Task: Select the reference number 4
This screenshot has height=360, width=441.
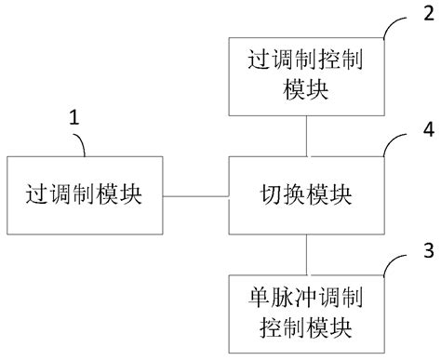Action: (x=427, y=132)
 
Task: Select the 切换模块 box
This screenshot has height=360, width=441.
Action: (x=306, y=197)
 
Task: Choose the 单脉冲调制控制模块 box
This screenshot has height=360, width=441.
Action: (x=306, y=313)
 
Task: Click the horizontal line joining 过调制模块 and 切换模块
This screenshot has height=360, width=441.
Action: (x=195, y=197)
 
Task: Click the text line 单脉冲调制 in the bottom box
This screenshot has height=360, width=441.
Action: (x=306, y=300)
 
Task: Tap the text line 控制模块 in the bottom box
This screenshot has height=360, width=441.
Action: (x=306, y=327)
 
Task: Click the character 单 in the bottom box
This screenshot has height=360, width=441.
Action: (x=260, y=300)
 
